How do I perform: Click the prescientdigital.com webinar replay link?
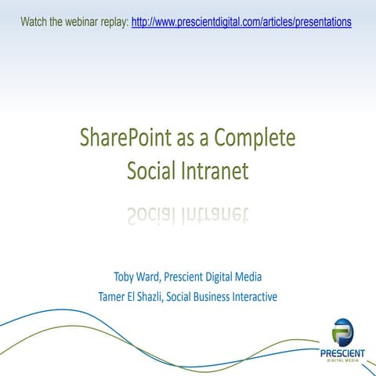[241, 22]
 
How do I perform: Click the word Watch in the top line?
[35, 22]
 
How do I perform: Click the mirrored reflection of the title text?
[188, 213]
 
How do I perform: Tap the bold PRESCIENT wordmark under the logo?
[342, 353]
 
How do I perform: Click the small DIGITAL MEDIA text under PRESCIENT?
[342, 362]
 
